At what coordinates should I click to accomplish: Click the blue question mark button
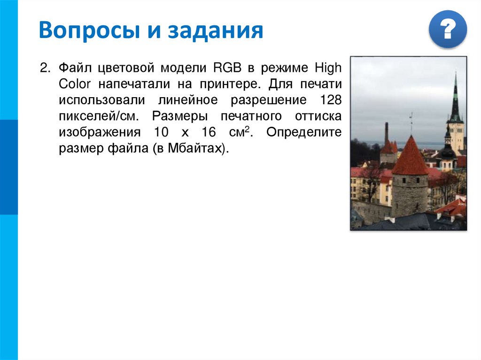point(448,29)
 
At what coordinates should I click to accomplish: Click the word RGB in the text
point(228,69)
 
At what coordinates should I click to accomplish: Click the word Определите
point(304,132)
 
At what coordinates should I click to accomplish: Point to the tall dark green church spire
point(455,99)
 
